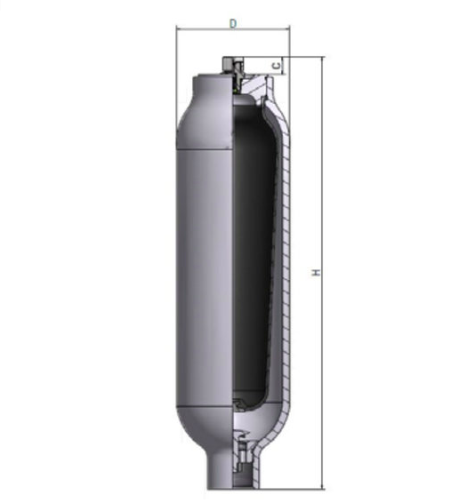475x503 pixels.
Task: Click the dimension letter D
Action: pyautogui.click(x=233, y=23)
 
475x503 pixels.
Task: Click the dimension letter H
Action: pyautogui.click(x=317, y=272)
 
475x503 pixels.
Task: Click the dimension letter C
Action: pyautogui.click(x=277, y=66)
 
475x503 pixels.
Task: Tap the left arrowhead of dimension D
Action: pyautogui.click(x=179, y=28)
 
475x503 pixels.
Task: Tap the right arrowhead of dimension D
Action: pyautogui.click(x=287, y=28)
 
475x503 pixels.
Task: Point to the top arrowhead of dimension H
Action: pyautogui.click(x=322, y=59)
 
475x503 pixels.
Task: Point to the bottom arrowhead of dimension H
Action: pyautogui.click(x=322, y=487)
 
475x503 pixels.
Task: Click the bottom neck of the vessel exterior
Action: pyautogui.click(x=220, y=471)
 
